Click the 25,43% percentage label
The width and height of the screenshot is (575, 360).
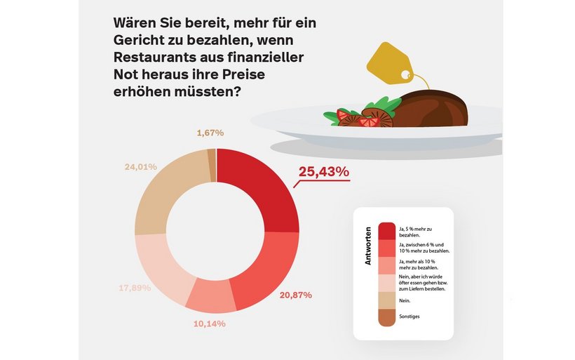(323, 172)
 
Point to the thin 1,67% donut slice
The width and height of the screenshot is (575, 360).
(211, 156)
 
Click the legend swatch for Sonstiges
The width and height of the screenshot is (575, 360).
(386, 316)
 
